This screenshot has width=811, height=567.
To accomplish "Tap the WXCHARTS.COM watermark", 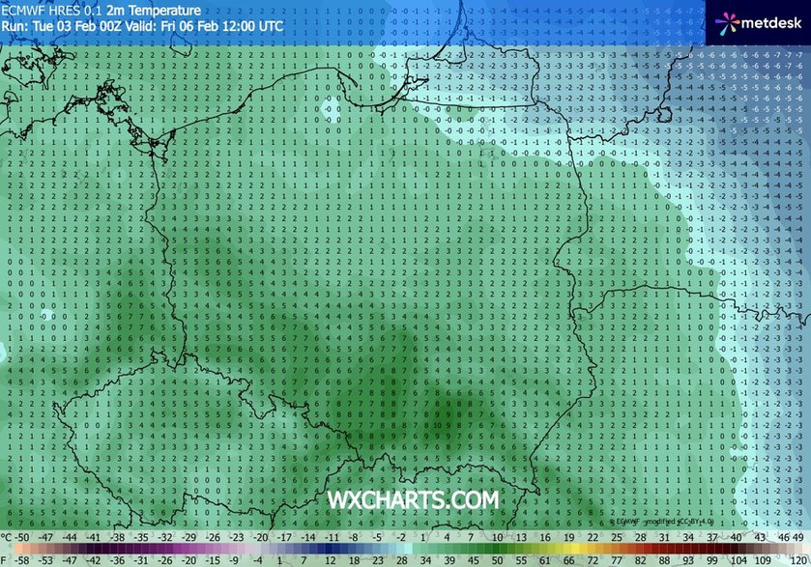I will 414,500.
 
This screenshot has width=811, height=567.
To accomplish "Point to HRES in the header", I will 62,11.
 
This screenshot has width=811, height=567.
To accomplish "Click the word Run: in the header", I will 14,26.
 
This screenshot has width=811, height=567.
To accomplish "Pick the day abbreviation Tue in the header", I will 42,26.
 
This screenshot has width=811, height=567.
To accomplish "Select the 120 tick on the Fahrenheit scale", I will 797,558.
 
